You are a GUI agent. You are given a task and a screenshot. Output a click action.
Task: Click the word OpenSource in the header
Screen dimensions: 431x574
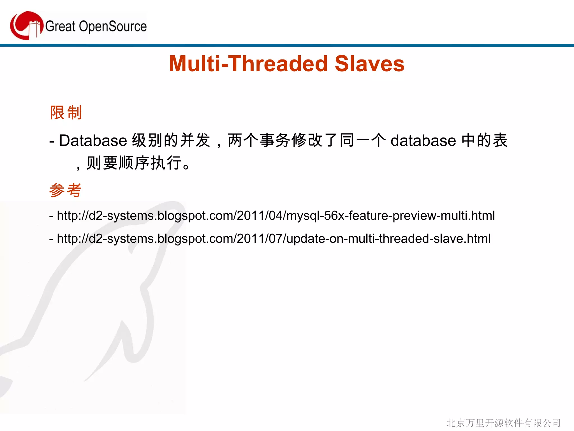113,27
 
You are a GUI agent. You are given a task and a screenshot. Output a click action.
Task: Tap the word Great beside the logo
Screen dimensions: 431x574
60,27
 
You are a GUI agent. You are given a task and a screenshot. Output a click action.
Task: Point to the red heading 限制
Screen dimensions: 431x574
66,113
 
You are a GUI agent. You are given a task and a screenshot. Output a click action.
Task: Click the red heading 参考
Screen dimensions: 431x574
66,190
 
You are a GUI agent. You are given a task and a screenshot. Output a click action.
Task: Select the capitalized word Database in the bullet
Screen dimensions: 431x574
93,140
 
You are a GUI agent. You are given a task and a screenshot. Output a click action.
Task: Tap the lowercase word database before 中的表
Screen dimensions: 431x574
423,140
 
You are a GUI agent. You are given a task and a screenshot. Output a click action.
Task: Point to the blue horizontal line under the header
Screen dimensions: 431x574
287,45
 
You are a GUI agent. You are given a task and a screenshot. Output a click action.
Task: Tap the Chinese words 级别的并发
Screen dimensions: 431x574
171,140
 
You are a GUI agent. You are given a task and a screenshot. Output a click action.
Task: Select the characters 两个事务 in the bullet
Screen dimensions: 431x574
259,140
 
